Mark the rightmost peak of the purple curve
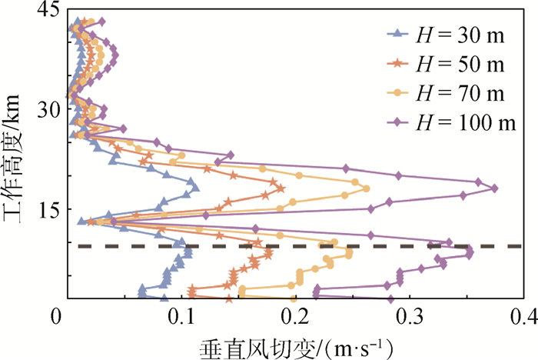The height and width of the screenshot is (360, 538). [494, 188]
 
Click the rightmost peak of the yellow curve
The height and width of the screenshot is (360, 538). [367, 188]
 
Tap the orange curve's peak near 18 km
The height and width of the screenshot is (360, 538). [281, 188]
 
